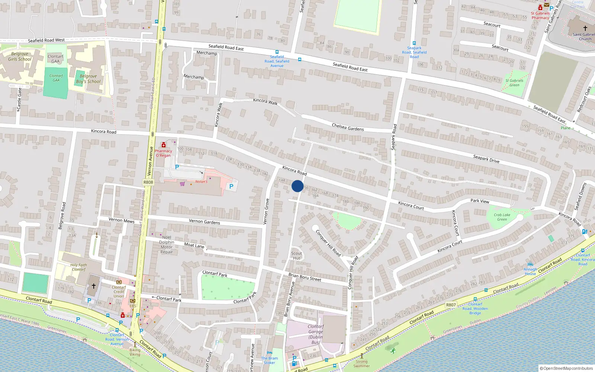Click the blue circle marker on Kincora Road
click(x=297, y=186)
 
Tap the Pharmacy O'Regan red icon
click(x=163, y=145)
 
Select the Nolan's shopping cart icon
click(x=182, y=183)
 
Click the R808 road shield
click(x=148, y=182)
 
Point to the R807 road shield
click(x=451, y=305)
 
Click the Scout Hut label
click(x=296, y=256)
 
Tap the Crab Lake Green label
click(x=502, y=217)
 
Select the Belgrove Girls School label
click(x=20, y=57)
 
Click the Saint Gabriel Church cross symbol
click(x=585, y=28)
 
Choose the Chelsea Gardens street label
click(x=348, y=127)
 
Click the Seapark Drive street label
click(x=486, y=159)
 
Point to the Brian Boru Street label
click(x=305, y=277)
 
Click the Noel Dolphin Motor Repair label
click(x=167, y=244)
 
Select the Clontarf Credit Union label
click(x=119, y=292)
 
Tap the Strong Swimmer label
click(x=361, y=363)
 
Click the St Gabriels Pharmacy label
click(x=540, y=15)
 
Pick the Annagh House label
click(x=530, y=272)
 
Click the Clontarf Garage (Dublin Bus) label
click(x=315, y=334)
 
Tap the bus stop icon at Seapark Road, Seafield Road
click(x=414, y=43)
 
